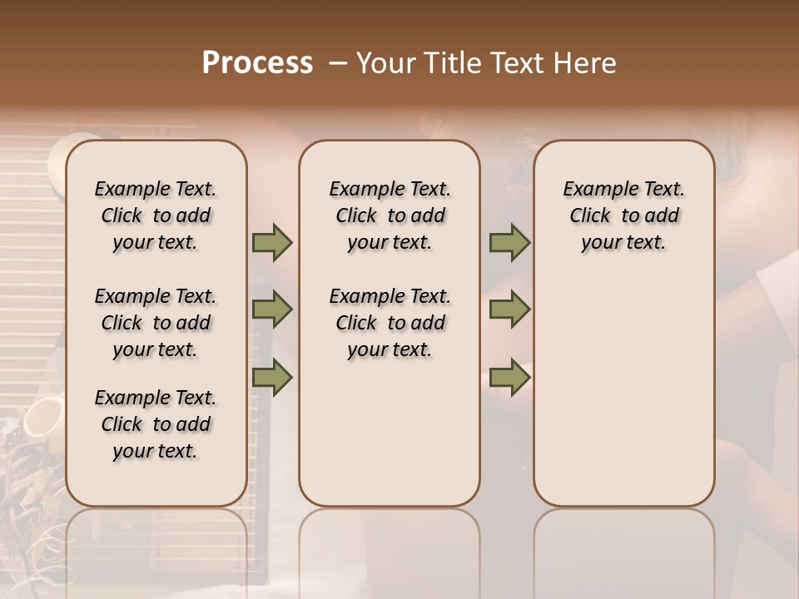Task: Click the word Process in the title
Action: (256, 62)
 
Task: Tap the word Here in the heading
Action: (585, 62)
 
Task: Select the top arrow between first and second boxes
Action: (272, 243)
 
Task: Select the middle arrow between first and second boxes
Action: (272, 309)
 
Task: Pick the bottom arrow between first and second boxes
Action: (272, 377)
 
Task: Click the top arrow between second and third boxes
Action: (509, 243)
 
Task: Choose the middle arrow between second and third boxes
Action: (509, 309)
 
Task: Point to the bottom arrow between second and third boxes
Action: (509, 377)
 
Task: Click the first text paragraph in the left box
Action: (156, 215)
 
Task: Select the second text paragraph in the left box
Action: (156, 323)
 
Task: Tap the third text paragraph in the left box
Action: (156, 424)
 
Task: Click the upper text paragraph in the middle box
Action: (390, 215)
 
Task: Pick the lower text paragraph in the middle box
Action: (390, 323)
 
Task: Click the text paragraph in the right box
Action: (623, 215)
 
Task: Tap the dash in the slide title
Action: (338, 63)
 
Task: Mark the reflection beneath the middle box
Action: (390, 549)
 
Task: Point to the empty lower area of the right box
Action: (623, 399)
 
